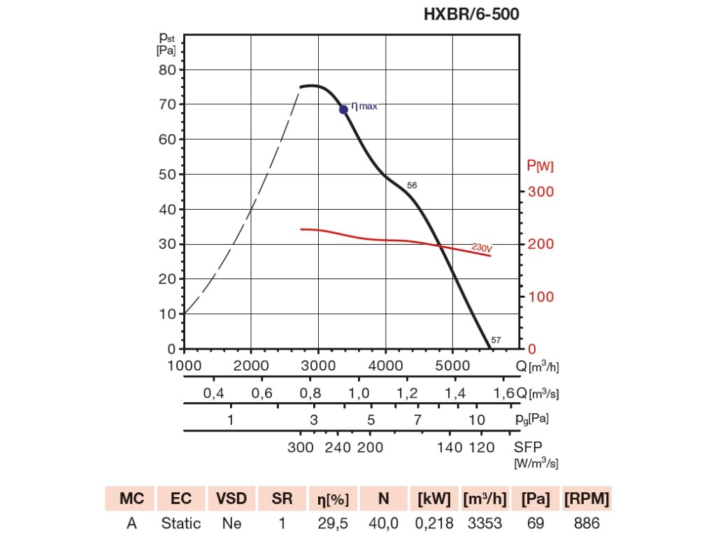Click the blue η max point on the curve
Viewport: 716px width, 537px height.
tap(343, 109)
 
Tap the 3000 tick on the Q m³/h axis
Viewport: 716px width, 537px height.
tap(318, 365)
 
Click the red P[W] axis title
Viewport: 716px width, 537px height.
tap(540, 166)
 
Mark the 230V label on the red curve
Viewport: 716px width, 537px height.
tap(482, 248)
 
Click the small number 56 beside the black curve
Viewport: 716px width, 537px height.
tap(412, 186)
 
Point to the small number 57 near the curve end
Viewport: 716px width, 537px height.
tap(496, 341)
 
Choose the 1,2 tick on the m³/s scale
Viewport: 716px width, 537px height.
tap(407, 394)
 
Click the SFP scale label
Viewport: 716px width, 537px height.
tap(528, 447)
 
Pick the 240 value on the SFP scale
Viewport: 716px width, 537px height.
tap(338, 447)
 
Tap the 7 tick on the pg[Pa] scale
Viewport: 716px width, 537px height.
tap(417, 420)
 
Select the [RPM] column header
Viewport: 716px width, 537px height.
tap(586, 499)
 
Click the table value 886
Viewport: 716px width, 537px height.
tap(586, 523)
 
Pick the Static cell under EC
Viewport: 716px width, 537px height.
tap(181, 523)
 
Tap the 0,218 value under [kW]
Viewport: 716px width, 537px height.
tap(435, 523)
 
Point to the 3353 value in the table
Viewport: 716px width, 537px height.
tap(485, 523)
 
